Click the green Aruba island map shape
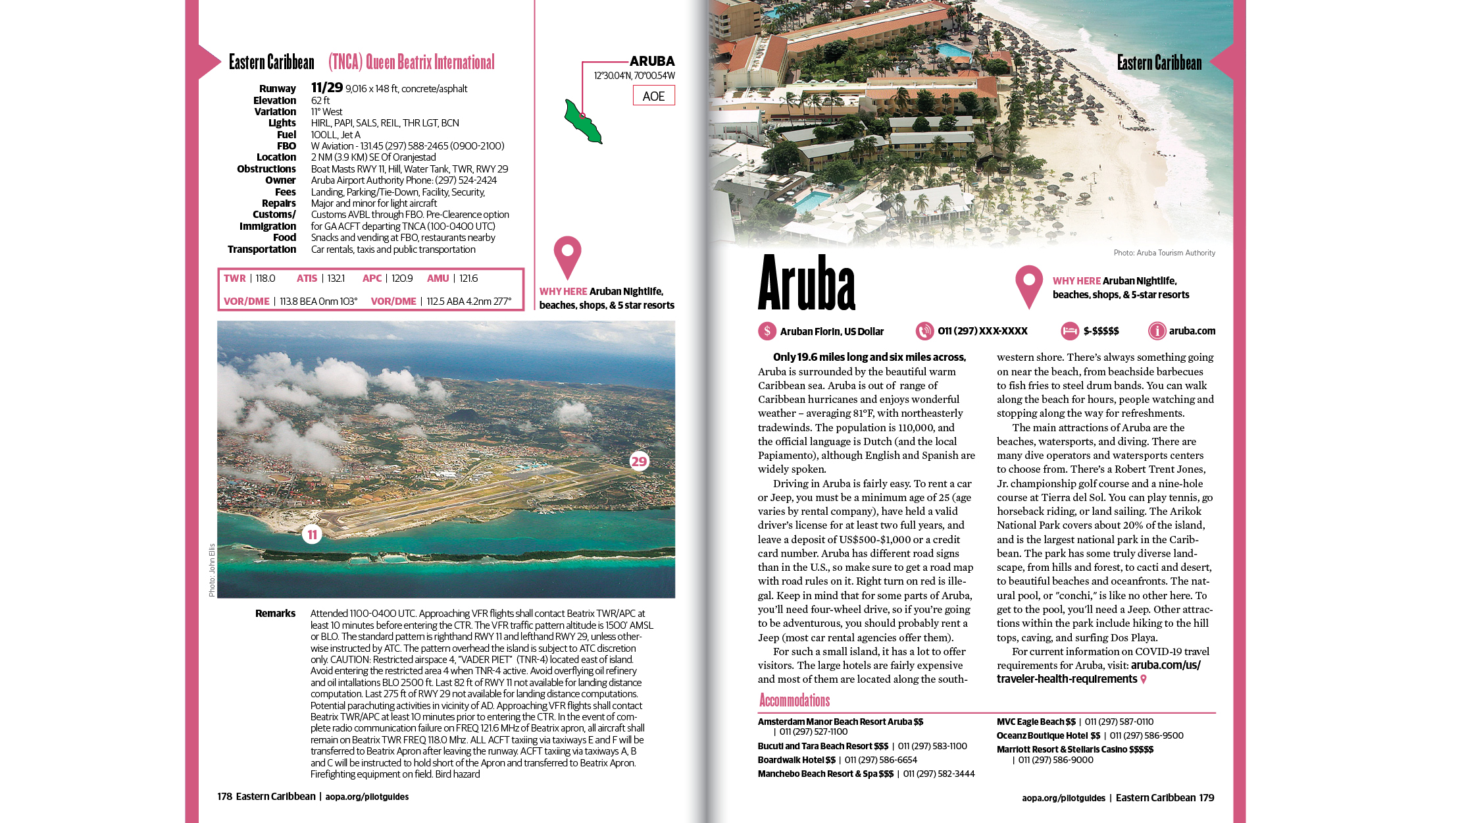click(x=582, y=122)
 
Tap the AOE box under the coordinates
click(x=653, y=96)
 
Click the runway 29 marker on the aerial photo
click(x=639, y=461)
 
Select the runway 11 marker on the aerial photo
click(x=312, y=535)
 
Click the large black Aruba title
click(x=807, y=283)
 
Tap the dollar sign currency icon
click(x=767, y=331)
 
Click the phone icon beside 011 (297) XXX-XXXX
click(x=924, y=331)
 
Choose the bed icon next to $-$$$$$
click(x=1070, y=331)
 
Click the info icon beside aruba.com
click(x=1157, y=331)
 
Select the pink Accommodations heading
click(x=794, y=700)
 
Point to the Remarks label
click(x=275, y=614)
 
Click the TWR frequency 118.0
click(x=265, y=279)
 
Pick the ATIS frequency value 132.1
click(x=336, y=279)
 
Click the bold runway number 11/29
click(x=327, y=88)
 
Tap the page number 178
click(x=224, y=797)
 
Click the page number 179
click(x=1206, y=798)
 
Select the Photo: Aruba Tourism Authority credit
click(x=1164, y=253)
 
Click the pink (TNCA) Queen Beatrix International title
click(x=411, y=63)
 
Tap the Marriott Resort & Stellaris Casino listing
click(x=1074, y=749)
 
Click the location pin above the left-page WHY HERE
click(x=567, y=257)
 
